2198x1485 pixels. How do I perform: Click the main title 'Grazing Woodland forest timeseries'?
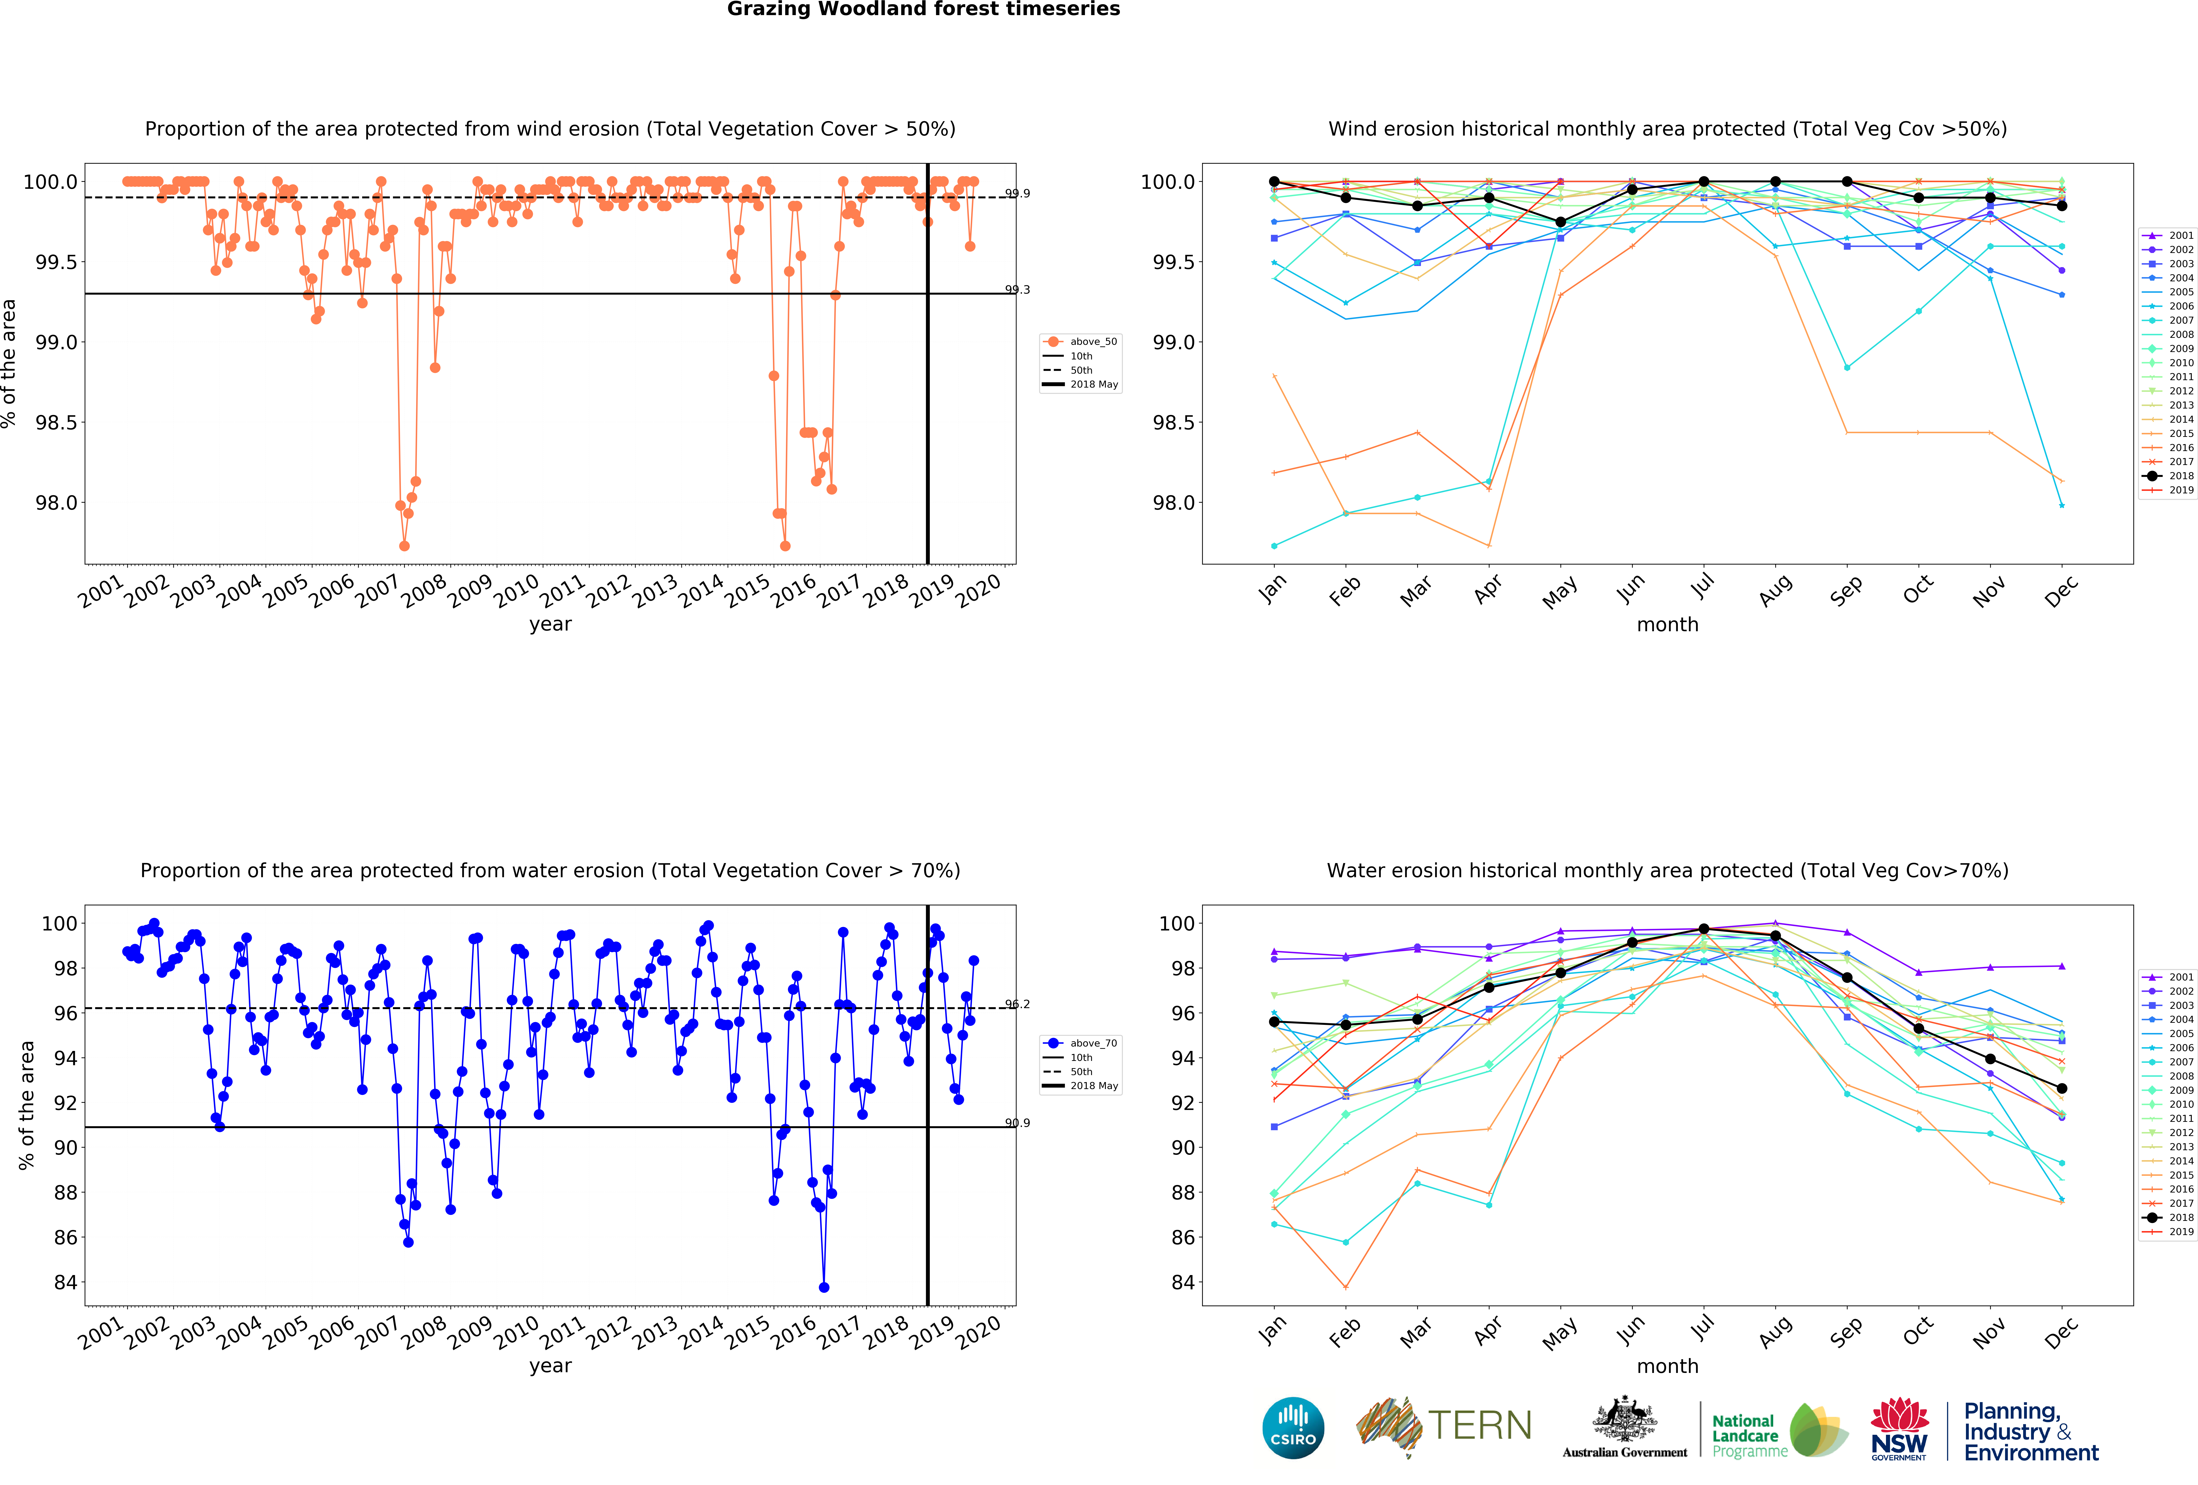point(923,10)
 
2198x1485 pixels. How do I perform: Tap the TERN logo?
point(1444,1426)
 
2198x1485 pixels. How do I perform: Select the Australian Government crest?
point(1624,1419)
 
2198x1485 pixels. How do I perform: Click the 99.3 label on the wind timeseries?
point(1018,289)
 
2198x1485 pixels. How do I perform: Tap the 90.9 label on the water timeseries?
point(1018,1123)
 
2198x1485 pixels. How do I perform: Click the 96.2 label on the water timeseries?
point(1018,1003)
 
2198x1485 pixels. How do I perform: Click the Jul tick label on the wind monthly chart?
point(1703,588)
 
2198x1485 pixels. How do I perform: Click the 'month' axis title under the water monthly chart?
point(1667,1366)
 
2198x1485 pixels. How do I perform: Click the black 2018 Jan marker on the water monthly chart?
point(1274,1023)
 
